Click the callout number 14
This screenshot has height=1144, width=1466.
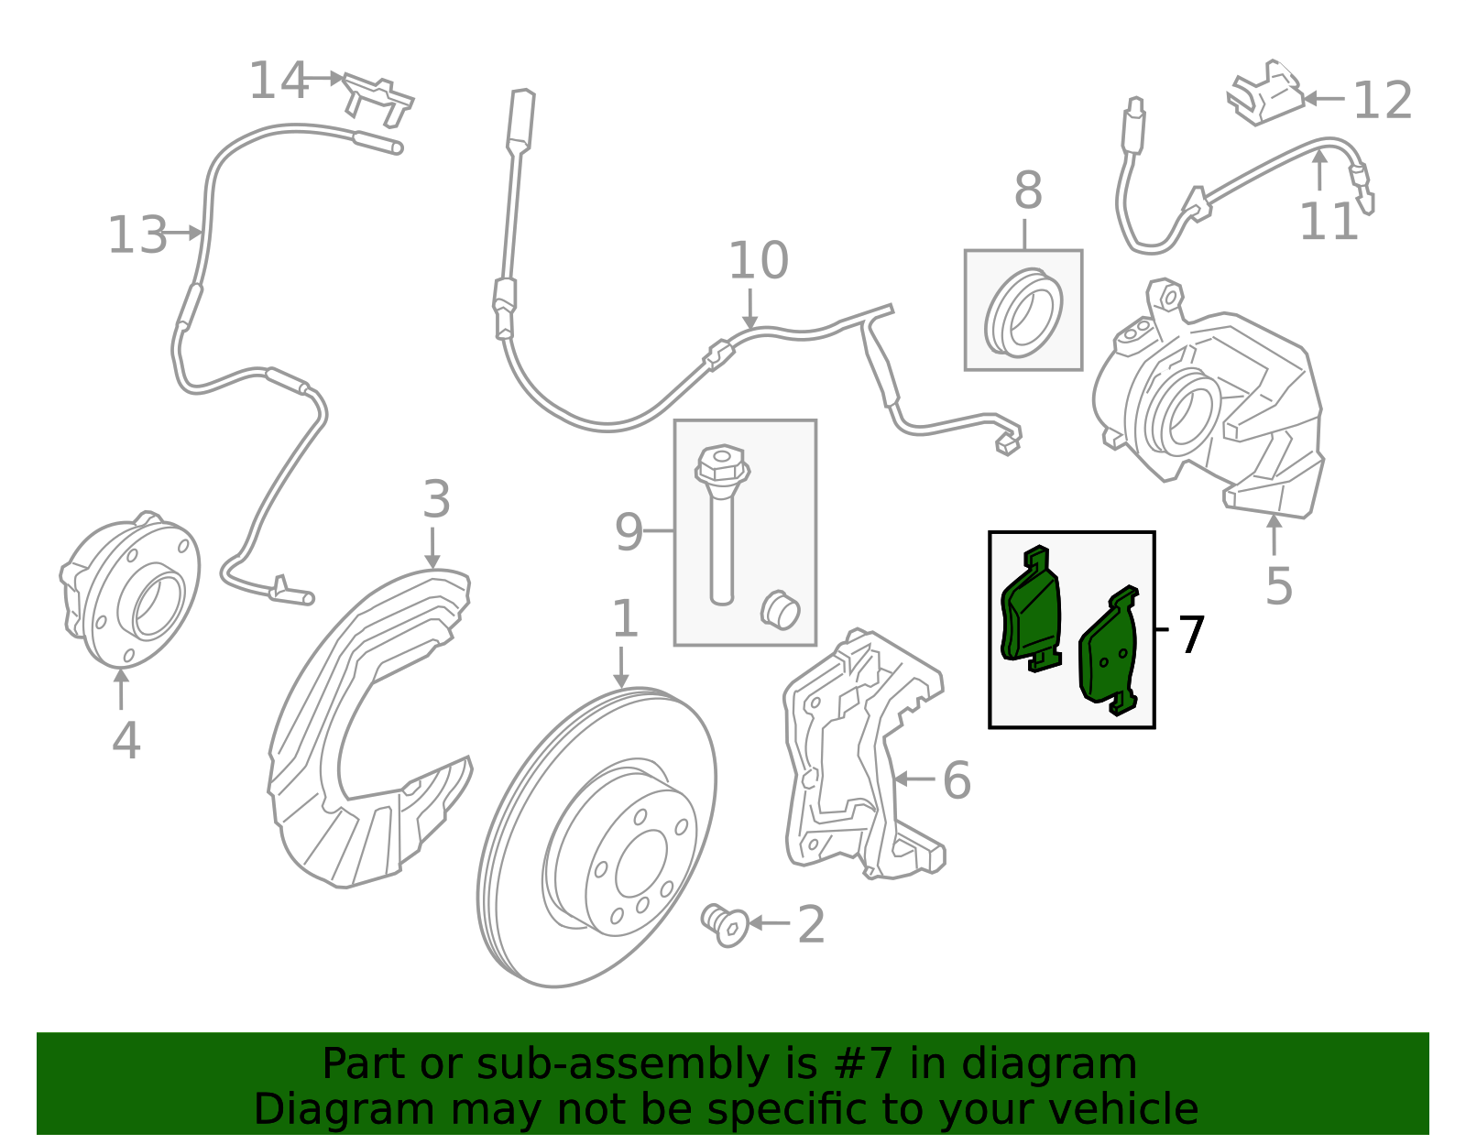(x=279, y=82)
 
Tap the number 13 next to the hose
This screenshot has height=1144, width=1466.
(x=137, y=235)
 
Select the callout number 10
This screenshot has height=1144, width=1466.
(x=758, y=262)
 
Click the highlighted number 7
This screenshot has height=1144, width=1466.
(x=1190, y=636)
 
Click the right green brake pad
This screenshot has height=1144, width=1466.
(x=1110, y=653)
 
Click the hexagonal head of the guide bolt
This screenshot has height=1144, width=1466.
(x=721, y=463)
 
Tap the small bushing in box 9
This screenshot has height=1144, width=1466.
(x=781, y=609)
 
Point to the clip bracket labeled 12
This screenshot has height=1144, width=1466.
(x=1266, y=93)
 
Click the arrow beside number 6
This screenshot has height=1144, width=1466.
(x=914, y=779)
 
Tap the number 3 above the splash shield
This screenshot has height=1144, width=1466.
(x=436, y=501)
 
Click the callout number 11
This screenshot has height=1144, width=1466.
(x=1328, y=223)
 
